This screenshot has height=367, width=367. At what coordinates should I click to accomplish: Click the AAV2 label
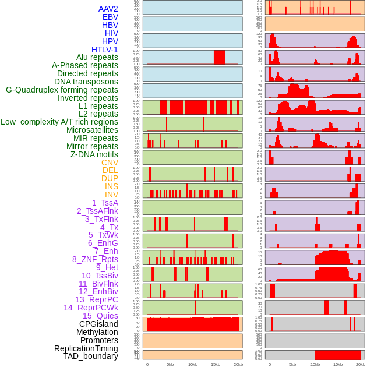(x=108, y=9)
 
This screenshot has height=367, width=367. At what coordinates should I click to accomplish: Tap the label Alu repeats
(x=97, y=57)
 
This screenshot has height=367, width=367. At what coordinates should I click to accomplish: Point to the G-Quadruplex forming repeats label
(x=62, y=90)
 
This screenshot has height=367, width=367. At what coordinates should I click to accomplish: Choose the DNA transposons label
(x=86, y=82)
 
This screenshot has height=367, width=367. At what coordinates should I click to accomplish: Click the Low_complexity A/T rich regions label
(x=59, y=122)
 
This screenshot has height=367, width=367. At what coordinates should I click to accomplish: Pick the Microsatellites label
(x=92, y=130)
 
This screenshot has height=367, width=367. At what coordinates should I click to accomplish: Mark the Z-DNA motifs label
(x=94, y=154)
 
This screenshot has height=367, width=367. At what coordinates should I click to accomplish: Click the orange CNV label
(x=110, y=163)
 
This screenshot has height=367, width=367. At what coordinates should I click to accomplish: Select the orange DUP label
(x=110, y=178)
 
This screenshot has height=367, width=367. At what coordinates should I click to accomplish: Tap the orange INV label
(x=111, y=195)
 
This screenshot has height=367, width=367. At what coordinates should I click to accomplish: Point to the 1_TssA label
(x=105, y=203)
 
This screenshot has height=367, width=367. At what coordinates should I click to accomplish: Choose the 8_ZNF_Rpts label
(x=95, y=259)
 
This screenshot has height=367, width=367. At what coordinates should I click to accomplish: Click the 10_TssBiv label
(x=100, y=276)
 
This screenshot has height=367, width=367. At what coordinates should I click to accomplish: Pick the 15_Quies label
(x=100, y=316)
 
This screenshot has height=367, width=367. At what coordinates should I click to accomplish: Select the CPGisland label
(x=98, y=324)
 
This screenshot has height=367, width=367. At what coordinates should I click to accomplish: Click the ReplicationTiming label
(x=86, y=348)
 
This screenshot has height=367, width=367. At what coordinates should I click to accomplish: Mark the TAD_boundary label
(x=91, y=356)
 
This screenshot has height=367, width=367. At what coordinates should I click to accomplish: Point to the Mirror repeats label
(x=92, y=146)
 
